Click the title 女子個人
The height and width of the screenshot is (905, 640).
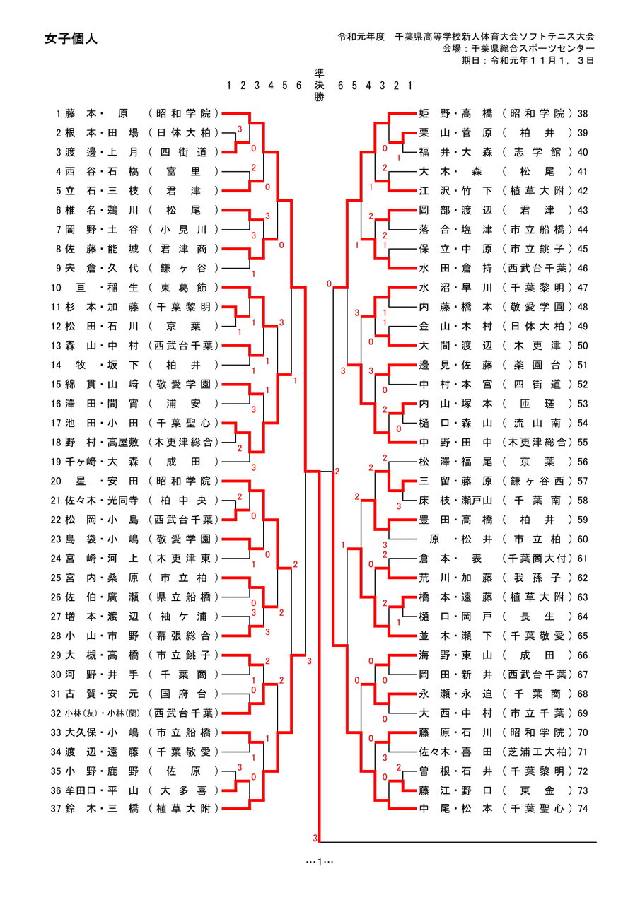[x=70, y=39]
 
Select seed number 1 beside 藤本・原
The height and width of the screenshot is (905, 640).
[x=59, y=113]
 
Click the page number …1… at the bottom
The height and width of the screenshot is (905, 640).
[x=320, y=861]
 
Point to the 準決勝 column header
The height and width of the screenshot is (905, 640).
[x=320, y=85]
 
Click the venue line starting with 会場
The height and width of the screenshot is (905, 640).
[x=518, y=48]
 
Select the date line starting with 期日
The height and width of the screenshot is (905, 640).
[x=528, y=60]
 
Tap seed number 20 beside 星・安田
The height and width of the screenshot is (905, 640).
[x=56, y=481]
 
